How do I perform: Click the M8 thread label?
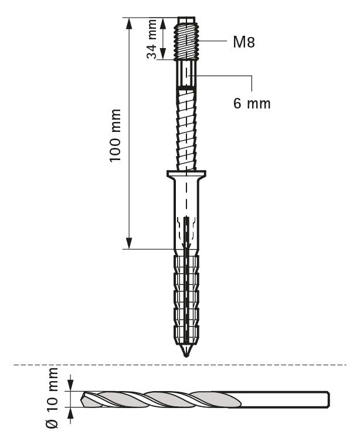coord(243,42)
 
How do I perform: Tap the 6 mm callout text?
coord(252,103)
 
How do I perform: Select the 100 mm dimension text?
coord(116,135)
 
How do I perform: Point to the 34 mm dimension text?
coord(152,39)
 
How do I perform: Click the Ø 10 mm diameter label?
coord(52,398)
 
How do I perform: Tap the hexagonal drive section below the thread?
coord(186,74)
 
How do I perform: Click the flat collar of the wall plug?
coord(186,174)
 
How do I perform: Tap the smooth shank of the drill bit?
coord(284,399)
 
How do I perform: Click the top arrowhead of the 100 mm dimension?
coord(129,23)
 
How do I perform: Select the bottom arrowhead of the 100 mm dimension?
coord(129,243)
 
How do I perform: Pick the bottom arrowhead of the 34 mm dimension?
coord(163,54)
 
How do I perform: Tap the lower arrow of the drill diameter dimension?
coord(70,413)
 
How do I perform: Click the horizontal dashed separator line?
coord(180,365)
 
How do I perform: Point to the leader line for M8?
coord(213,40)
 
